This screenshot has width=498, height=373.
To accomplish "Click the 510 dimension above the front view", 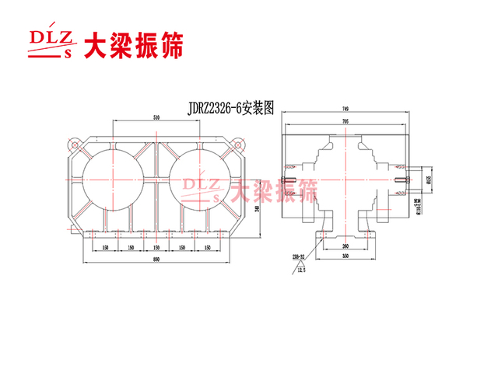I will [157, 117].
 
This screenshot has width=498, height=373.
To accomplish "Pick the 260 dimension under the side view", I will [345, 246].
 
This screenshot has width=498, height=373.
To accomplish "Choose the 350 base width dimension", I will [345, 256].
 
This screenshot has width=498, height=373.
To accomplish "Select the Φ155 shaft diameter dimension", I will [429, 181].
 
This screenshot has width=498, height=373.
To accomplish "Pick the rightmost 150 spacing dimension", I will [206, 248].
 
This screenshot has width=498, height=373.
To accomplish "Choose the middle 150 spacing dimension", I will [156, 248].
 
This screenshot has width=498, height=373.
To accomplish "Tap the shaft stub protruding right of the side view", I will [416, 180].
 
